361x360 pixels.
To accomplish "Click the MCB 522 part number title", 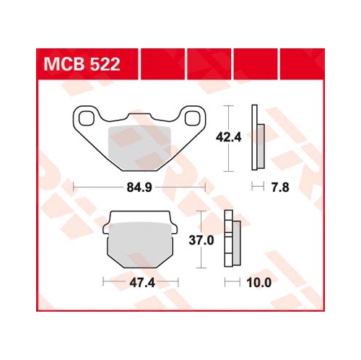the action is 82,64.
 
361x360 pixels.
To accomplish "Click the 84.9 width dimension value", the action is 139,188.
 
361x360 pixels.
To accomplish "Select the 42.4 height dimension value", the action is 228,138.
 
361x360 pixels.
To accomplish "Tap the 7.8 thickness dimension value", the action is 280,188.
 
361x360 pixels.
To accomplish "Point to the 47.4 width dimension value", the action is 142,283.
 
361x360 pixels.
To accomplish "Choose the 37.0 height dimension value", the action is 201,240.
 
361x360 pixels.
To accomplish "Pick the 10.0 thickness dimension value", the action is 259,283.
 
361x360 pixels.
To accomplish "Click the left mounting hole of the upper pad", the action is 87,118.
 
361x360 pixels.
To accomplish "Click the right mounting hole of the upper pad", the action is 192,118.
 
